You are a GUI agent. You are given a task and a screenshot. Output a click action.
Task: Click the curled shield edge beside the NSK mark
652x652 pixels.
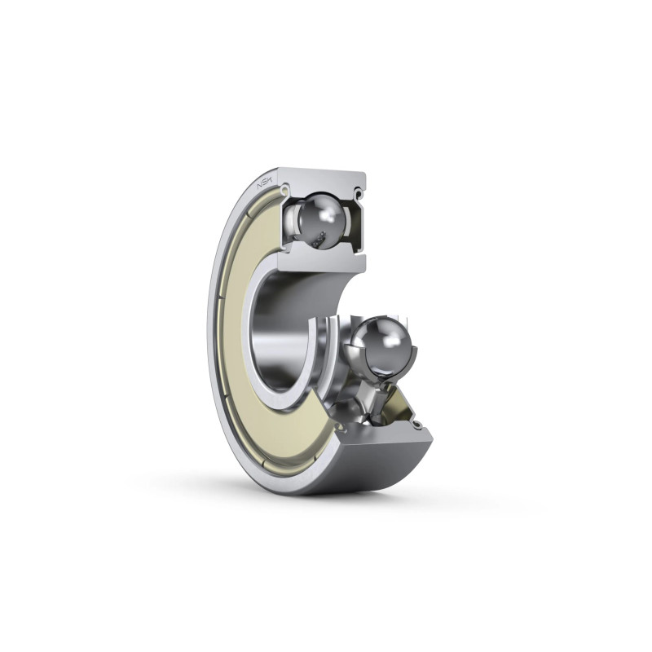[x=284, y=190]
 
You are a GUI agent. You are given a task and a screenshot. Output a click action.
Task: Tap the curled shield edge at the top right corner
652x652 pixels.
[x=359, y=192]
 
